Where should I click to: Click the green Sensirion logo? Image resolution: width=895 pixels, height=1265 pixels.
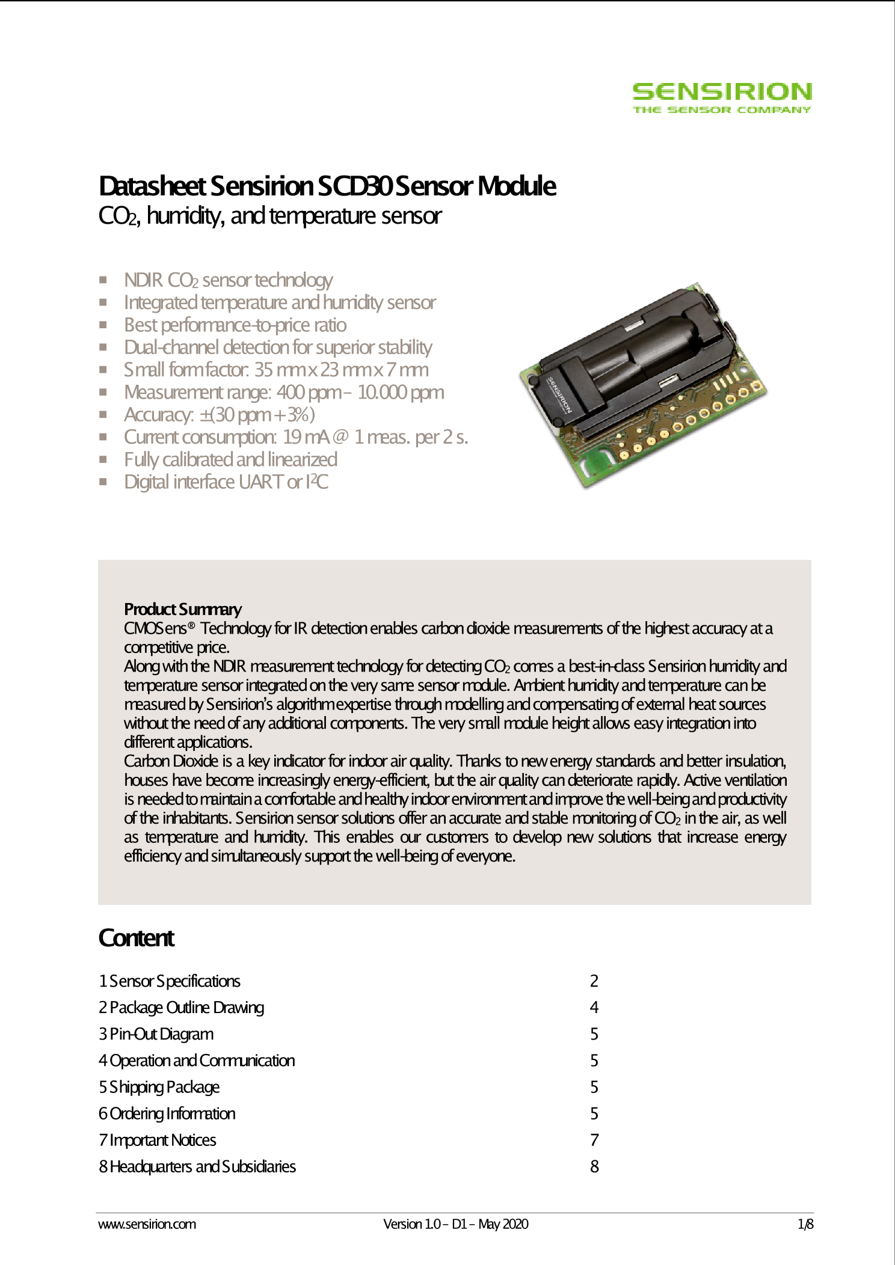coord(722,98)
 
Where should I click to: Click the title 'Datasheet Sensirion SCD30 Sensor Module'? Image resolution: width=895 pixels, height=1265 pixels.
coord(327,186)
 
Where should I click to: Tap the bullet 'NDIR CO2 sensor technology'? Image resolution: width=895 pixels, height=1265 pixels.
coord(228,280)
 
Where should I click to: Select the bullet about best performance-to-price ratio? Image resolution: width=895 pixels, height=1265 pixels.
coord(235,325)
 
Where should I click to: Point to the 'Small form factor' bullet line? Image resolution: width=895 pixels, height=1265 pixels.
coord(276,370)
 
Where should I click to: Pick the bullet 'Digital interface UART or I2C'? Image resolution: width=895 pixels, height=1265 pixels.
coord(226,482)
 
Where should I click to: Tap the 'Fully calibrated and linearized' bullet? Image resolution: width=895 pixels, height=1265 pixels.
coord(230,460)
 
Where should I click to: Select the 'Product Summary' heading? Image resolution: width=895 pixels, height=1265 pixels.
coord(183,610)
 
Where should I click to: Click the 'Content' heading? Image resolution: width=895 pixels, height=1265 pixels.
coord(137,938)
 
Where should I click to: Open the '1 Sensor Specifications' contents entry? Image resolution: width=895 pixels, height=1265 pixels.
coord(170,981)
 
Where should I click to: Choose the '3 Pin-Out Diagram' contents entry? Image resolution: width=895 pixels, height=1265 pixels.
coord(156,1034)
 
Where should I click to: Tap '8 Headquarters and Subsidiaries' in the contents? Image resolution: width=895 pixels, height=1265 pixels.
coord(197,1166)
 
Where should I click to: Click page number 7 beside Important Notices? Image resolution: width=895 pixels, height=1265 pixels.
coord(594,1140)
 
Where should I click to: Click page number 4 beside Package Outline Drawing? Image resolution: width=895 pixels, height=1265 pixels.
coord(594,1008)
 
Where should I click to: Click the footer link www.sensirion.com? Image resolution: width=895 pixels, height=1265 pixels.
coord(147,1224)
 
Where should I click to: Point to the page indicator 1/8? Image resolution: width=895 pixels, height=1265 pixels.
coord(805,1224)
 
